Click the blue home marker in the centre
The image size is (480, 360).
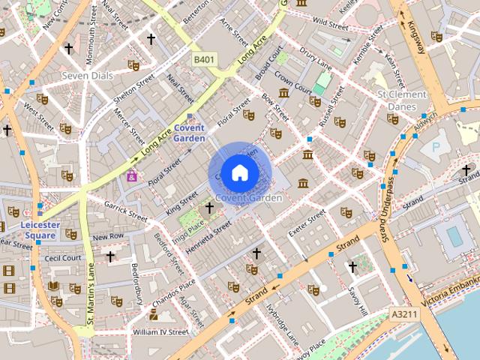[x=239, y=172]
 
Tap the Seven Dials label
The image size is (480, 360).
[x=85, y=76]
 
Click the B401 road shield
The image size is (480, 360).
[x=204, y=59]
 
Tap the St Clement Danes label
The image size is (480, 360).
[x=402, y=100]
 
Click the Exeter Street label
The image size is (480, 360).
[x=307, y=223]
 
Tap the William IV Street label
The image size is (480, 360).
[x=160, y=331]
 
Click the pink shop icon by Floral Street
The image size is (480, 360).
[x=132, y=175]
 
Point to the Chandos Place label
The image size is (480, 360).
[x=174, y=291]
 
